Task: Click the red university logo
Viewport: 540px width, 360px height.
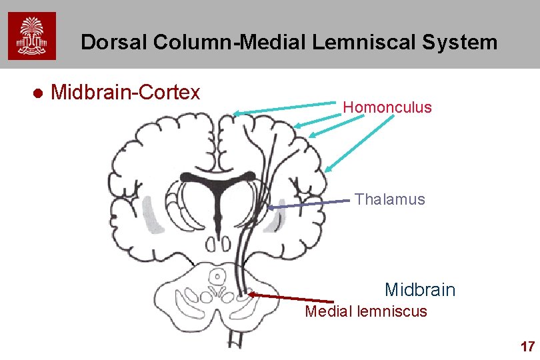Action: (x=32, y=36)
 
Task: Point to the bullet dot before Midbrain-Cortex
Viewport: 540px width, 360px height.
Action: (x=38, y=93)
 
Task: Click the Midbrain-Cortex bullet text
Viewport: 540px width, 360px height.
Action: (x=125, y=92)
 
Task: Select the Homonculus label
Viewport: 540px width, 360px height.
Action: (x=387, y=107)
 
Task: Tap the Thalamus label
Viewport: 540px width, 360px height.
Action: (x=390, y=199)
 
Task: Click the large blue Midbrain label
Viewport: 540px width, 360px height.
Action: (x=420, y=290)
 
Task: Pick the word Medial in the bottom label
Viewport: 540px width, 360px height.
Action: (x=327, y=311)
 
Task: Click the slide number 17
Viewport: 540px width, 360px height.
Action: (x=527, y=347)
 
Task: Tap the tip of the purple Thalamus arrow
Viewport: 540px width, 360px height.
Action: (x=269, y=208)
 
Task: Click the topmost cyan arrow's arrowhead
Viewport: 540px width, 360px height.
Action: (x=235, y=113)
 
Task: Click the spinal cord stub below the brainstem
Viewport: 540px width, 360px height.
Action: (x=235, y=338)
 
